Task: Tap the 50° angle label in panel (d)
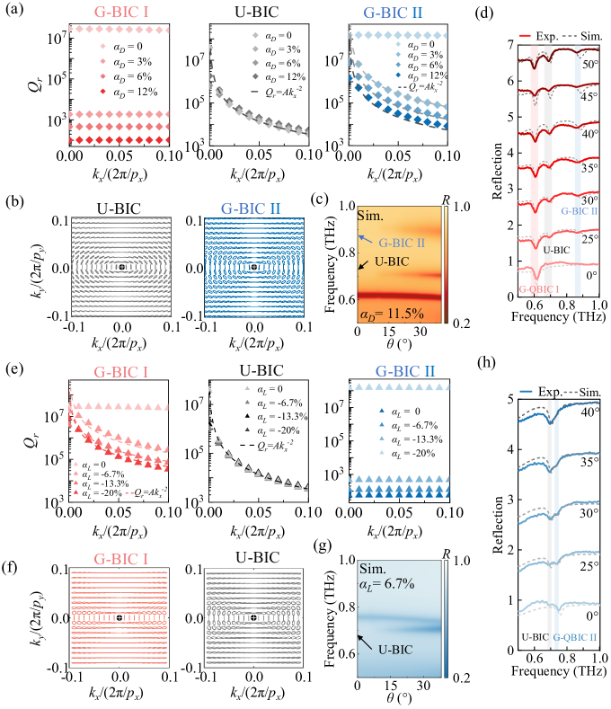[588, 66]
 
